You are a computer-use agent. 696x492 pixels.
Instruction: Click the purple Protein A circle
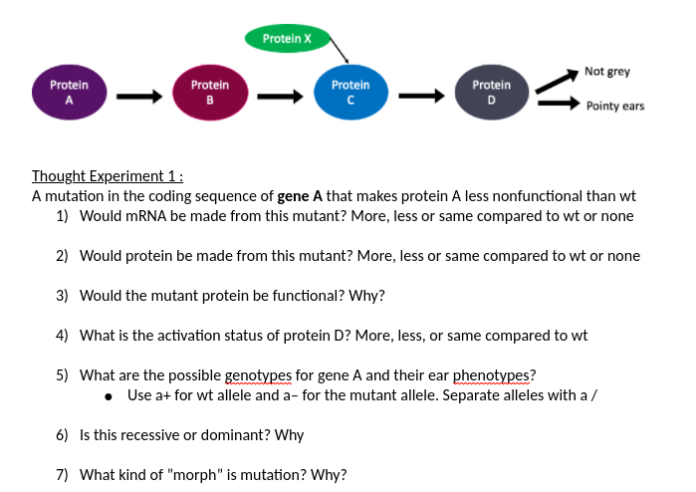tap(69, 92)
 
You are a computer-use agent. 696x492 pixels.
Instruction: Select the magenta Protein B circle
tap(209, 92)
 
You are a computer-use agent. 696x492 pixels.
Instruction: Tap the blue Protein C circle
tap(349, 92)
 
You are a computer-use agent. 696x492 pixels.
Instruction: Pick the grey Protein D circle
tap(491, 92)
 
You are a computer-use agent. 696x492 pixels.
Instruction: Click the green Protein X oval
tap(287, 39)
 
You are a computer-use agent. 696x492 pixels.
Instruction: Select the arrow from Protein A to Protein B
tap(138, 97)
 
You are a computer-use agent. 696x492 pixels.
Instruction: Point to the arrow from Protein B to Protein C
tap(280, 97)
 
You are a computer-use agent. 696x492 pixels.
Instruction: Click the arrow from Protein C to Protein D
tap(420, 97)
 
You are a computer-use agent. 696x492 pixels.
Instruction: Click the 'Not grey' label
tap(606, 72)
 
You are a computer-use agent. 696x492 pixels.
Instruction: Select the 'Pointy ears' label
tap(614, 106)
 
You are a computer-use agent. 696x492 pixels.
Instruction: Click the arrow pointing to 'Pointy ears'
tap(561, 103)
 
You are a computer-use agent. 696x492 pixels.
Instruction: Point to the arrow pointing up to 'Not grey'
tap(558, 81)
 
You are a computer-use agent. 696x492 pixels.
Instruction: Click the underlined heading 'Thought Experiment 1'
tap(108, 176)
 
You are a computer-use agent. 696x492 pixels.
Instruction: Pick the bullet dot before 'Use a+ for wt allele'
tap(108, 395)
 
